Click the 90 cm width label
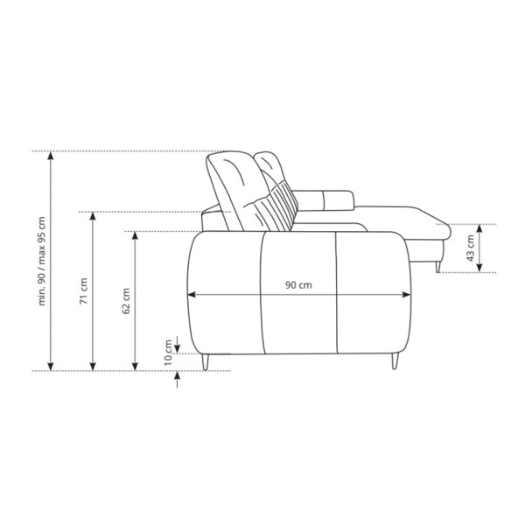pos(298,285)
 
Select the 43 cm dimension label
pos(470,248)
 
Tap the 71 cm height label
pos(83,291)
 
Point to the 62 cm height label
pos(126,301)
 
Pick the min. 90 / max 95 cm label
pos(41,261)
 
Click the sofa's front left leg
pos(206,361)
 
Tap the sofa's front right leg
pos(395,360)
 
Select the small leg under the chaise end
pos(437,267)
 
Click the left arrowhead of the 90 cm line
pos(192,295)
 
